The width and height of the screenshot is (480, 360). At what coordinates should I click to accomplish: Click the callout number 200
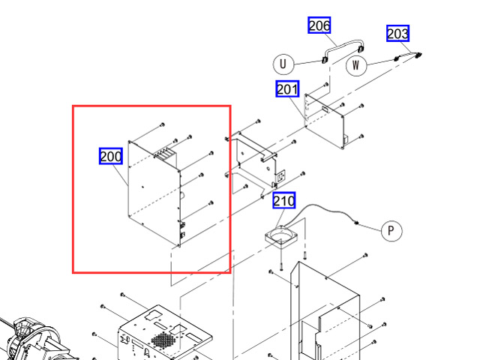(111, 156)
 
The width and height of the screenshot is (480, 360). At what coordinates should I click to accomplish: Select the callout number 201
(287, 89)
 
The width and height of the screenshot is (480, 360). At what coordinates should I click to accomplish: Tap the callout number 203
(398, 34)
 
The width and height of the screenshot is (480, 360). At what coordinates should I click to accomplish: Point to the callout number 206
(319, 25)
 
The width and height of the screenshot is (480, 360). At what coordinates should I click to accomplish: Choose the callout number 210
(283, 201)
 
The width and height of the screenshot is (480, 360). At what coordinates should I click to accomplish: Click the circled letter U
(283, 64)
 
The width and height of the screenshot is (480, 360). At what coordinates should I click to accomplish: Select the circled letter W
(357, 64)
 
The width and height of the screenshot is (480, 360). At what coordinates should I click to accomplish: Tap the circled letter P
(391, 230)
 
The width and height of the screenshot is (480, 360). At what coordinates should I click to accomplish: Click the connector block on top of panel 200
(163, 154)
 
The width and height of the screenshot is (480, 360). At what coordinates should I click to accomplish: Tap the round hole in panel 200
(180, 194)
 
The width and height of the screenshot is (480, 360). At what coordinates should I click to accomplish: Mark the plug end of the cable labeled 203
(417, 55)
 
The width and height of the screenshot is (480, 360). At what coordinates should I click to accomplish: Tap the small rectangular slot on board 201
(327, 107)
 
